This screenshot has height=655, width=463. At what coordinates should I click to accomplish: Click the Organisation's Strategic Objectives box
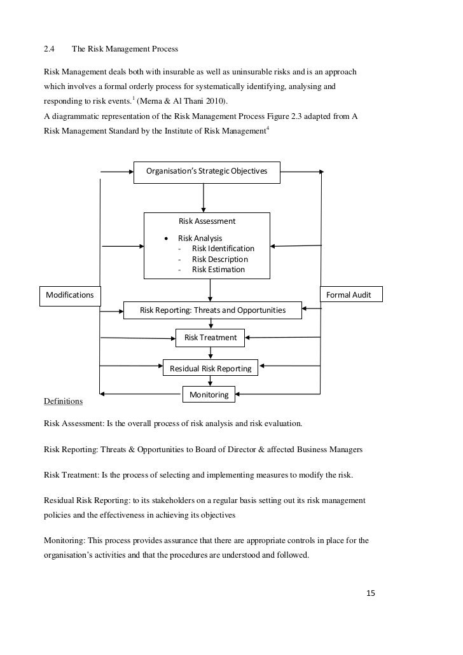(x=207, y=172)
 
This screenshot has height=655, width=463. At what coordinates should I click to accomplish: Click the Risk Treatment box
(x=210, y=338)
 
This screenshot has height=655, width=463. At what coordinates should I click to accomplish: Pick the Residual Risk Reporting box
(x=210, y=368)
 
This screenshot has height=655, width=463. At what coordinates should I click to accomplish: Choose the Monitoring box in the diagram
(x=209, y=395)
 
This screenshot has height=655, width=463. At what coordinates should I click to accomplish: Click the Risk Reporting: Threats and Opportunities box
(x=212, y=310)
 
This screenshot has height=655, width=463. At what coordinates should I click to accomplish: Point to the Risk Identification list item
(x=223, y=249)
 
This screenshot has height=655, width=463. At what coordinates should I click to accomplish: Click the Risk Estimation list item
(x=218, y=270)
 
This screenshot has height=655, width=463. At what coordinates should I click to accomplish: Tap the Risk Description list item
(x=219, y=259)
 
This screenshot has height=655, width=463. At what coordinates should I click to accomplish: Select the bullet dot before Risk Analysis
(x=167, y=238)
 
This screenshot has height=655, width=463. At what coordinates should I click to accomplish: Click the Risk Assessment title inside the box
(x=207, y=221)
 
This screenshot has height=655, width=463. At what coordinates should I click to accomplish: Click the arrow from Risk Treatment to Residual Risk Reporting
(x=211, y=353)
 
